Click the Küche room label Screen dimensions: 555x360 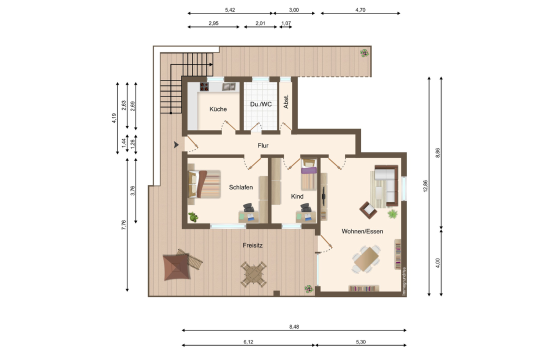click(218, 109)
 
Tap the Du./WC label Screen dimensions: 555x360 click(261, 104)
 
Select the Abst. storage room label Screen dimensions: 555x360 click(286, 101)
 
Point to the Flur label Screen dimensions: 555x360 click(263, 145)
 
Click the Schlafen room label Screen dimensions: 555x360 click(240, 187)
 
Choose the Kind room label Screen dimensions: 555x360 click(297, 196)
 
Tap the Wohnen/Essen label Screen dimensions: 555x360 click(362, 231)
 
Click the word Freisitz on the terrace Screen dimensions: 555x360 click(252, 245)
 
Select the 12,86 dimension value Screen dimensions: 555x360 click(425, 186)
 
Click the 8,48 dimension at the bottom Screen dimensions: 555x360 click(294, 326)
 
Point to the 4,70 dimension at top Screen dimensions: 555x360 click(360, 10)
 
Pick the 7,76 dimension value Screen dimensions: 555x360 click(123, 225)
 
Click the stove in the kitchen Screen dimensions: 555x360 click(204, 86)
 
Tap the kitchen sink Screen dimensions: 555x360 click(228, 86)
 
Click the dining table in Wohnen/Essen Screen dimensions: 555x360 click(366, 259)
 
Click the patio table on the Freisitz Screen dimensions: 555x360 click(253, 274)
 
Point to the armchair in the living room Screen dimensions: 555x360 click(368, 210)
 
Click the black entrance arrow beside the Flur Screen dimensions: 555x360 click(176, 145)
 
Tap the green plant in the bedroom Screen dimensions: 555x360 click(193, 217)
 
